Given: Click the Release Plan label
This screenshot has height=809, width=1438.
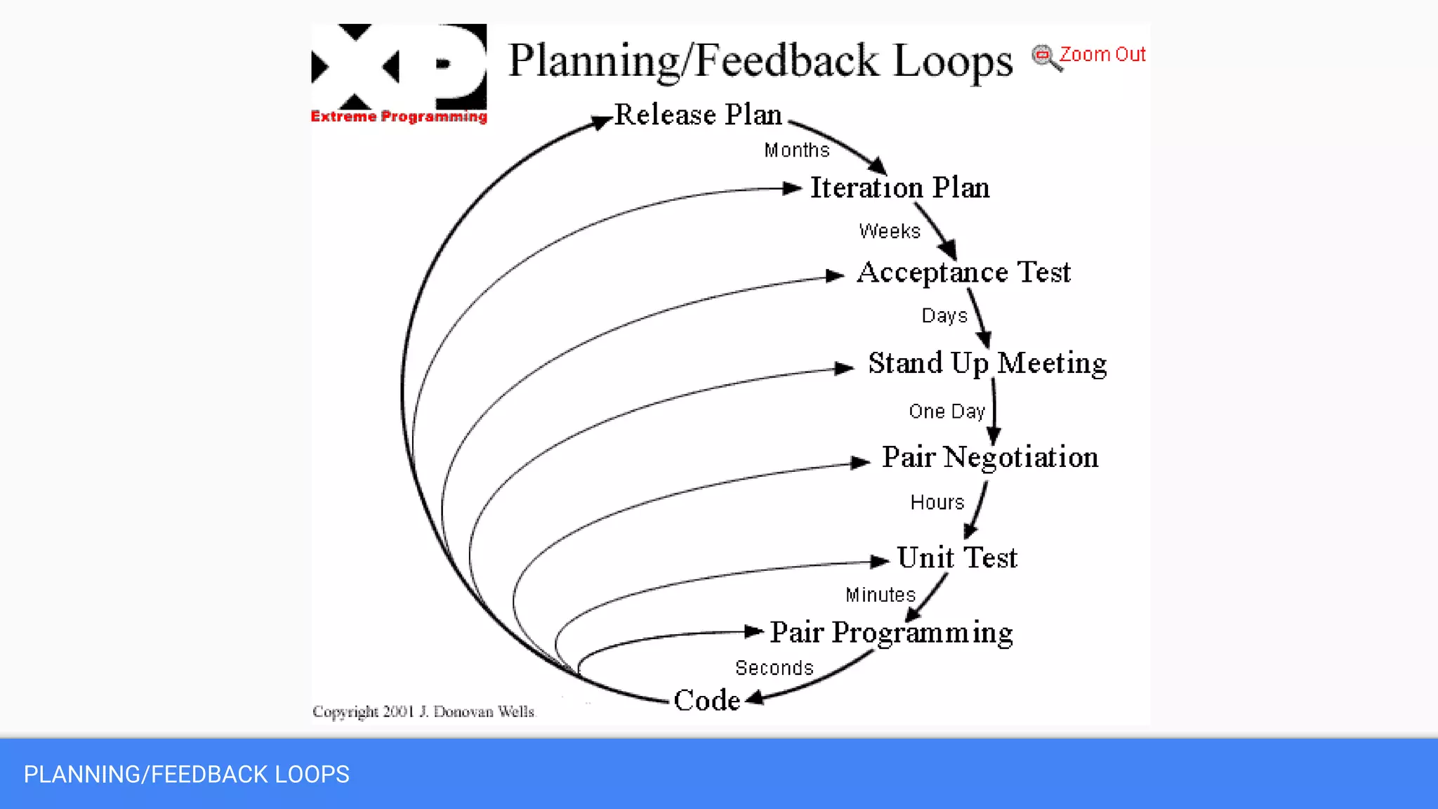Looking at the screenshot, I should tap(698, 114).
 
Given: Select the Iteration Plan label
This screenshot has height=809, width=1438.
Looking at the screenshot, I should tap(900, 188).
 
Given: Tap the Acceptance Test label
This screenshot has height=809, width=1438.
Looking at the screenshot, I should tap(964, 272).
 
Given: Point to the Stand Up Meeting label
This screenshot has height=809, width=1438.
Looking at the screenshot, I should tap(987, 364).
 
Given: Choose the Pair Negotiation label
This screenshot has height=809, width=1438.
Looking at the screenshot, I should tap(990, 457).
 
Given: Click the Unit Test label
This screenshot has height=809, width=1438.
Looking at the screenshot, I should tap(957, 558).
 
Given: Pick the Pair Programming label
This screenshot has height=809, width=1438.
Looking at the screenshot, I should tap(891, 633).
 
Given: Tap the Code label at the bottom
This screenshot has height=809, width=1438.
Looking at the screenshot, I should tap(706, 700).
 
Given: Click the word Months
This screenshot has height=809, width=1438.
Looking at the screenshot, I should tap(797, 150).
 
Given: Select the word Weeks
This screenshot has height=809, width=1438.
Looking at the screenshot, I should tap(890, 231).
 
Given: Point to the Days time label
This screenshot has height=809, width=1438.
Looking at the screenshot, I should tap(944, 316).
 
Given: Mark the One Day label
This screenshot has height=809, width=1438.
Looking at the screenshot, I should tap(946, 412).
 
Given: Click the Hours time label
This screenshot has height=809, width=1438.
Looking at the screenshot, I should tap(937, 503).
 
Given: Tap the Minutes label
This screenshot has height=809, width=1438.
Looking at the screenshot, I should tap(880, 595).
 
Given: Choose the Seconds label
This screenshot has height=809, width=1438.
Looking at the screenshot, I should tap(774, 668).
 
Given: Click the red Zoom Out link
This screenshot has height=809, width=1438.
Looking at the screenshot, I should tap(1102, 55).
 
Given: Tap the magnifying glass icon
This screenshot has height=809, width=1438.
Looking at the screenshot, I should tap(1045, 58).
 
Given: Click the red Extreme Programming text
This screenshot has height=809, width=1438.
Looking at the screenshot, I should tap(399, 117).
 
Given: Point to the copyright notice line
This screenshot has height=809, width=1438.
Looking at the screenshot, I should tap(423, 711).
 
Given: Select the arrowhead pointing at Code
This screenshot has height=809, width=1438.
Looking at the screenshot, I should tap(754, 698).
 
